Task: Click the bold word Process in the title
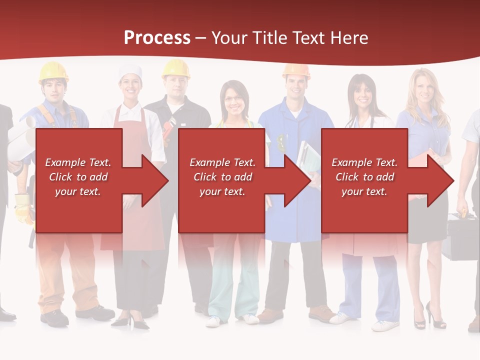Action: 157,37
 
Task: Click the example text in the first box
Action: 78,177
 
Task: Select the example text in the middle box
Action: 222,177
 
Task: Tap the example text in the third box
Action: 364,177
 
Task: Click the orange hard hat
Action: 296,70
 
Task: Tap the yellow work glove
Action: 23,207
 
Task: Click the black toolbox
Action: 462,237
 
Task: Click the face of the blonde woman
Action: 423,89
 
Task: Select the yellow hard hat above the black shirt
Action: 176,68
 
